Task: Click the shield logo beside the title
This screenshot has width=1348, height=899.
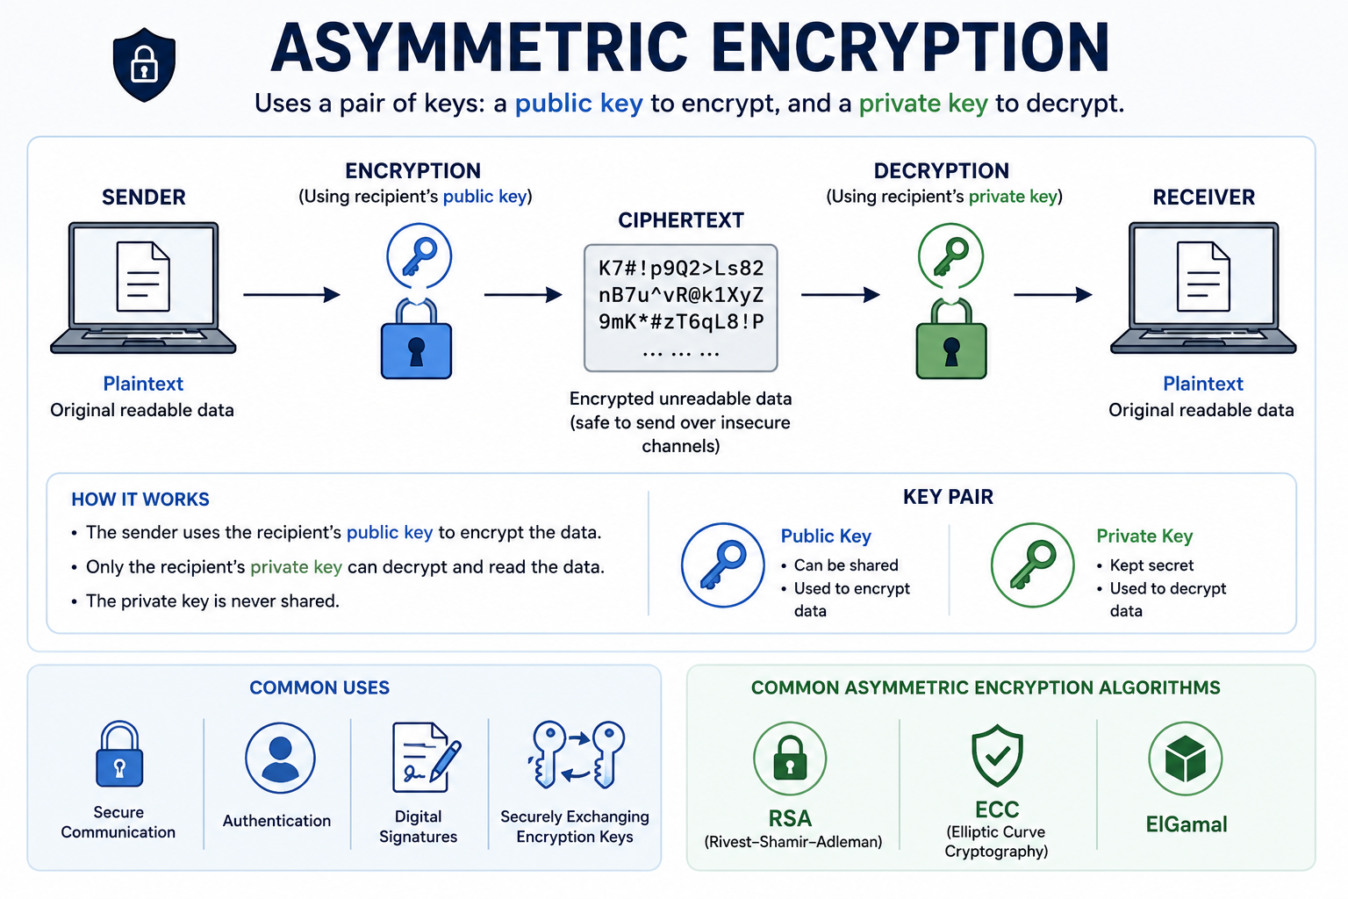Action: point(144,64)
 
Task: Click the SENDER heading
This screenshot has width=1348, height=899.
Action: point(143,198)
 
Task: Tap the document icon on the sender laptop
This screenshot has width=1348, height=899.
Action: point(143,277)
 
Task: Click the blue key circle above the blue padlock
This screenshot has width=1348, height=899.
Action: point(419,255)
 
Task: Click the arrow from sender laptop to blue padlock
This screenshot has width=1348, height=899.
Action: point(292,294)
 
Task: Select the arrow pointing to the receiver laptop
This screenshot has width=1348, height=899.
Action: point(1053,294)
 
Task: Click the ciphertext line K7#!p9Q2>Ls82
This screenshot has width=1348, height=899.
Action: point(681,268)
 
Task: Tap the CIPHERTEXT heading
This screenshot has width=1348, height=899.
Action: point(681,220)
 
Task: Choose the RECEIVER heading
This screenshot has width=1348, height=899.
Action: point(1203,198)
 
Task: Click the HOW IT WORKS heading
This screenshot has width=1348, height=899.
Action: point(140,500)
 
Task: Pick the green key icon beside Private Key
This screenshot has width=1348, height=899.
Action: point(1033,565)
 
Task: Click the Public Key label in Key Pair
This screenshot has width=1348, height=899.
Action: point(826,536)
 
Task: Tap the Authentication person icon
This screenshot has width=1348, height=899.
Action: point(280,759)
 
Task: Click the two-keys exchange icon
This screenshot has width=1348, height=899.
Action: point(576,755)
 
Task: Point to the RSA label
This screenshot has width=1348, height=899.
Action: point(790,818)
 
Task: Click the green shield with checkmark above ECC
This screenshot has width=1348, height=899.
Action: point(997,756)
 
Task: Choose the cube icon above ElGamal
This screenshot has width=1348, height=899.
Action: point(1185,759)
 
